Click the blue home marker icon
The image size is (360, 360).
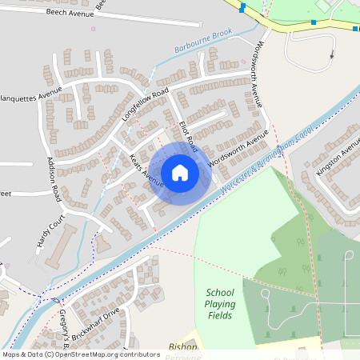point(180,173)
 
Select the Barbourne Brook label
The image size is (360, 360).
point(203,41)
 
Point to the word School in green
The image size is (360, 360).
point(220,292)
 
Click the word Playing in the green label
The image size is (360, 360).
point(220,304)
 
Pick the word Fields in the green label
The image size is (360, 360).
point(220,315)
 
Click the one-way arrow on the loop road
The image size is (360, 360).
point(332,55)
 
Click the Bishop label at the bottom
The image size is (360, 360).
point(183,347)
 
